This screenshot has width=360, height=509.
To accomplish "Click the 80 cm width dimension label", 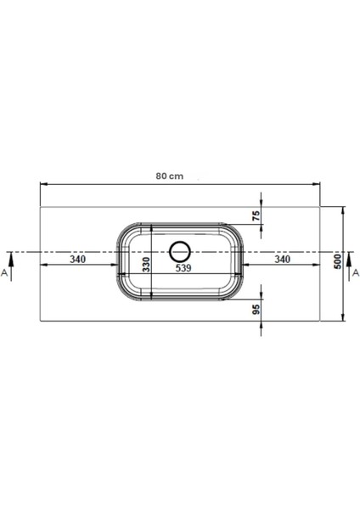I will point(170,176).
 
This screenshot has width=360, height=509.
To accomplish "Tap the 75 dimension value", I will point(255,216).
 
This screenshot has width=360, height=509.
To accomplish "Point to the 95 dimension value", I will point(255,310).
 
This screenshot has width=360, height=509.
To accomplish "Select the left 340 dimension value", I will point(77,260).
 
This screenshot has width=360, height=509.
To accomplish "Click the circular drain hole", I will point(181,252).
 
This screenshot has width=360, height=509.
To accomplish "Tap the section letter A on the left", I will point(5,273).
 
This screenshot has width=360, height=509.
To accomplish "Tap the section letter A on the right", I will point(355,273).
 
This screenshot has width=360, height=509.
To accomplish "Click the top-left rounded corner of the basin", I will point(122,230).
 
